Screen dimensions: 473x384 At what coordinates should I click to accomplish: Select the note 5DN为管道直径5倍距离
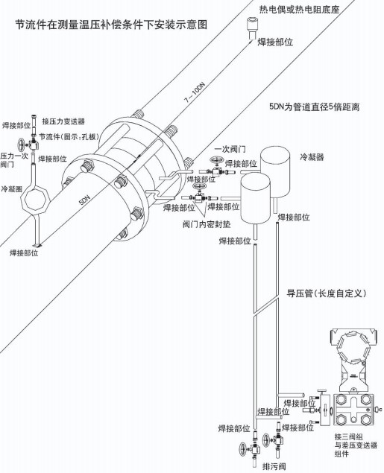tap(315, 107)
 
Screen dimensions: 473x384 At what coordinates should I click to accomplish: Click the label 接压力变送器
tap(63, 121)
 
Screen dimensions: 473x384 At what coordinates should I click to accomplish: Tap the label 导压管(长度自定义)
tap(325, 293)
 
